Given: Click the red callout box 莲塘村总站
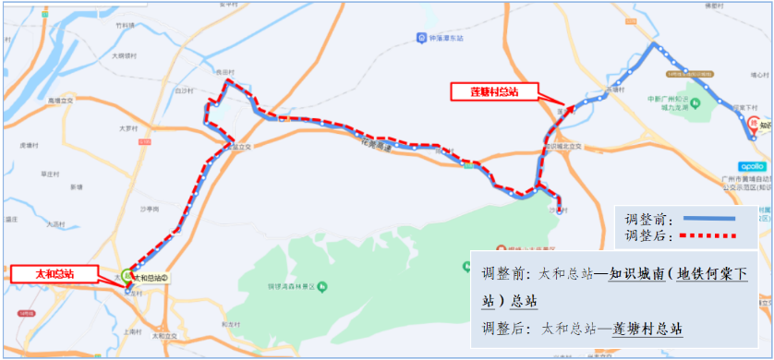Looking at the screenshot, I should click(x=495, y=91).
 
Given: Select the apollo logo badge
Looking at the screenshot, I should click(x=752, y=167).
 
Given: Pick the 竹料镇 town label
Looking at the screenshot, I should click(x=126, y=26).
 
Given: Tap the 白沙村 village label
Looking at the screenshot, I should click(x=183, y=91).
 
